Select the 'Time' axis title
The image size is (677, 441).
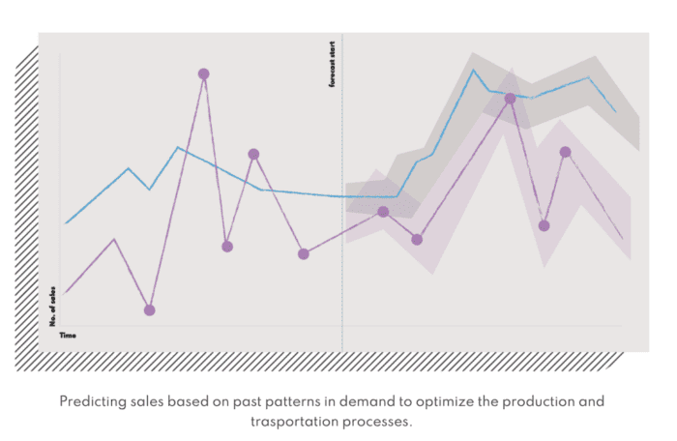click(68, 335)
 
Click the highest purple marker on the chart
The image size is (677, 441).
click(203, 73)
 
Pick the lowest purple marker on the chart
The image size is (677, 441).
click(149, 309)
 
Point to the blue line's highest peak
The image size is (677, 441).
click(473, 70)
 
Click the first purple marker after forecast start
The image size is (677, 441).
click(383, 212)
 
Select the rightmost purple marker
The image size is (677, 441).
click(565, 152)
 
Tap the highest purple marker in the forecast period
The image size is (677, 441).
click(510, 98)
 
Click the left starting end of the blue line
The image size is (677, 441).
click(66, 223)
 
